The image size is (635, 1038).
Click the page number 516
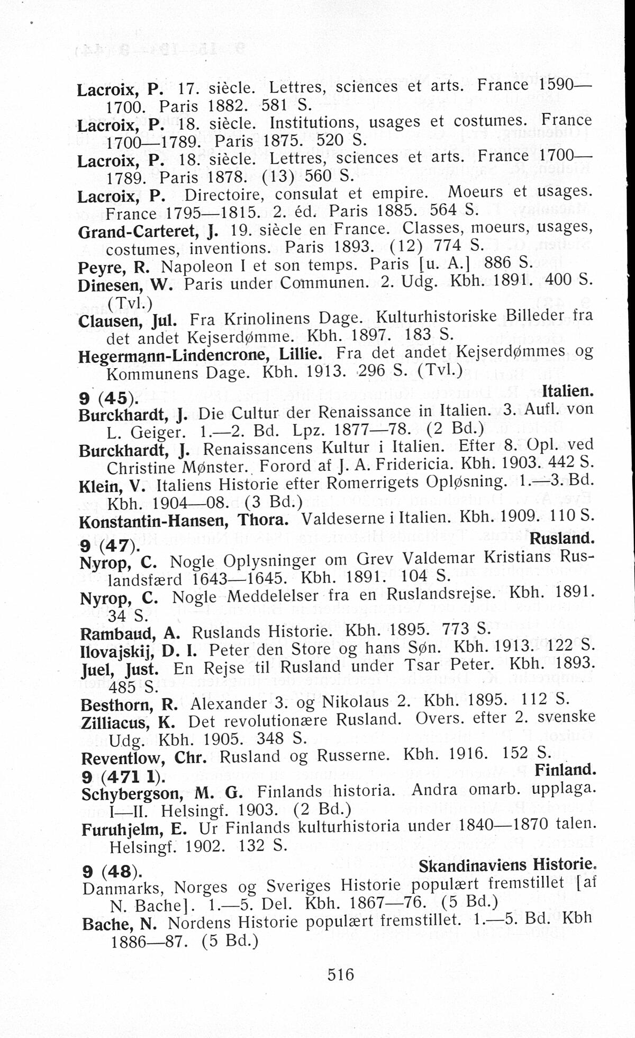[x=340, y=974]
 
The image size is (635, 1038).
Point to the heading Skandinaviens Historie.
[x=506, y=865]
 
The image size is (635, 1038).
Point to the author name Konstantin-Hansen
[x=153, y=522]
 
